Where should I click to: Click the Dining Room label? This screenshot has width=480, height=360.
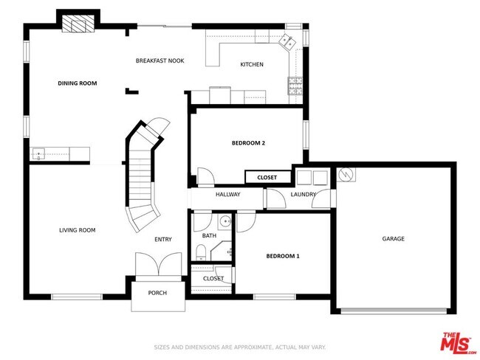pyautogui.click(x=78, y=83)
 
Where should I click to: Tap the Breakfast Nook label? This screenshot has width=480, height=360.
pyautogui.click(x=160, y=60)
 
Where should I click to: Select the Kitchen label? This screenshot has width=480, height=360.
pyautogui.click(x=252, y=65)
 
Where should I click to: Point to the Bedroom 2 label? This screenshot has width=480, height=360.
pyautogui.click(x=248, y=143)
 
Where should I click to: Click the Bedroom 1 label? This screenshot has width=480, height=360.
pyautogui.click(x=283, y=256)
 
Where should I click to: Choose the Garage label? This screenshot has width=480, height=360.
pyautogui.click(x=393, y=238)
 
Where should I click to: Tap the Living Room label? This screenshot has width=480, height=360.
pyautogui.click(x=78, y=230)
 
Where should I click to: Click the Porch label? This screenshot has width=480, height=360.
pyautogui.click(x=157, y=293)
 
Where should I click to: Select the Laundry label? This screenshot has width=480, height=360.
pyautogui.click(x=303, y=195)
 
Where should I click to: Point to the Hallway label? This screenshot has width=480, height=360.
pyautogui.click(x=228, y=195)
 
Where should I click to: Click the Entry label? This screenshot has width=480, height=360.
pyautogui.click(x=162, y=239)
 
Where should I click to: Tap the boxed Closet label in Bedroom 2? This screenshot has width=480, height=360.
pyautogui.click(x=267, y=178)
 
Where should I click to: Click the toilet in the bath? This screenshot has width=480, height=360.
pyautogui.click(x=201, y=253)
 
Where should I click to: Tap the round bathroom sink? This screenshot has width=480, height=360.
pyautogui.click(x=224, y=220)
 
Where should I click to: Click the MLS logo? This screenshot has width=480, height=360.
pyautogui.click(x=458, y=344)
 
